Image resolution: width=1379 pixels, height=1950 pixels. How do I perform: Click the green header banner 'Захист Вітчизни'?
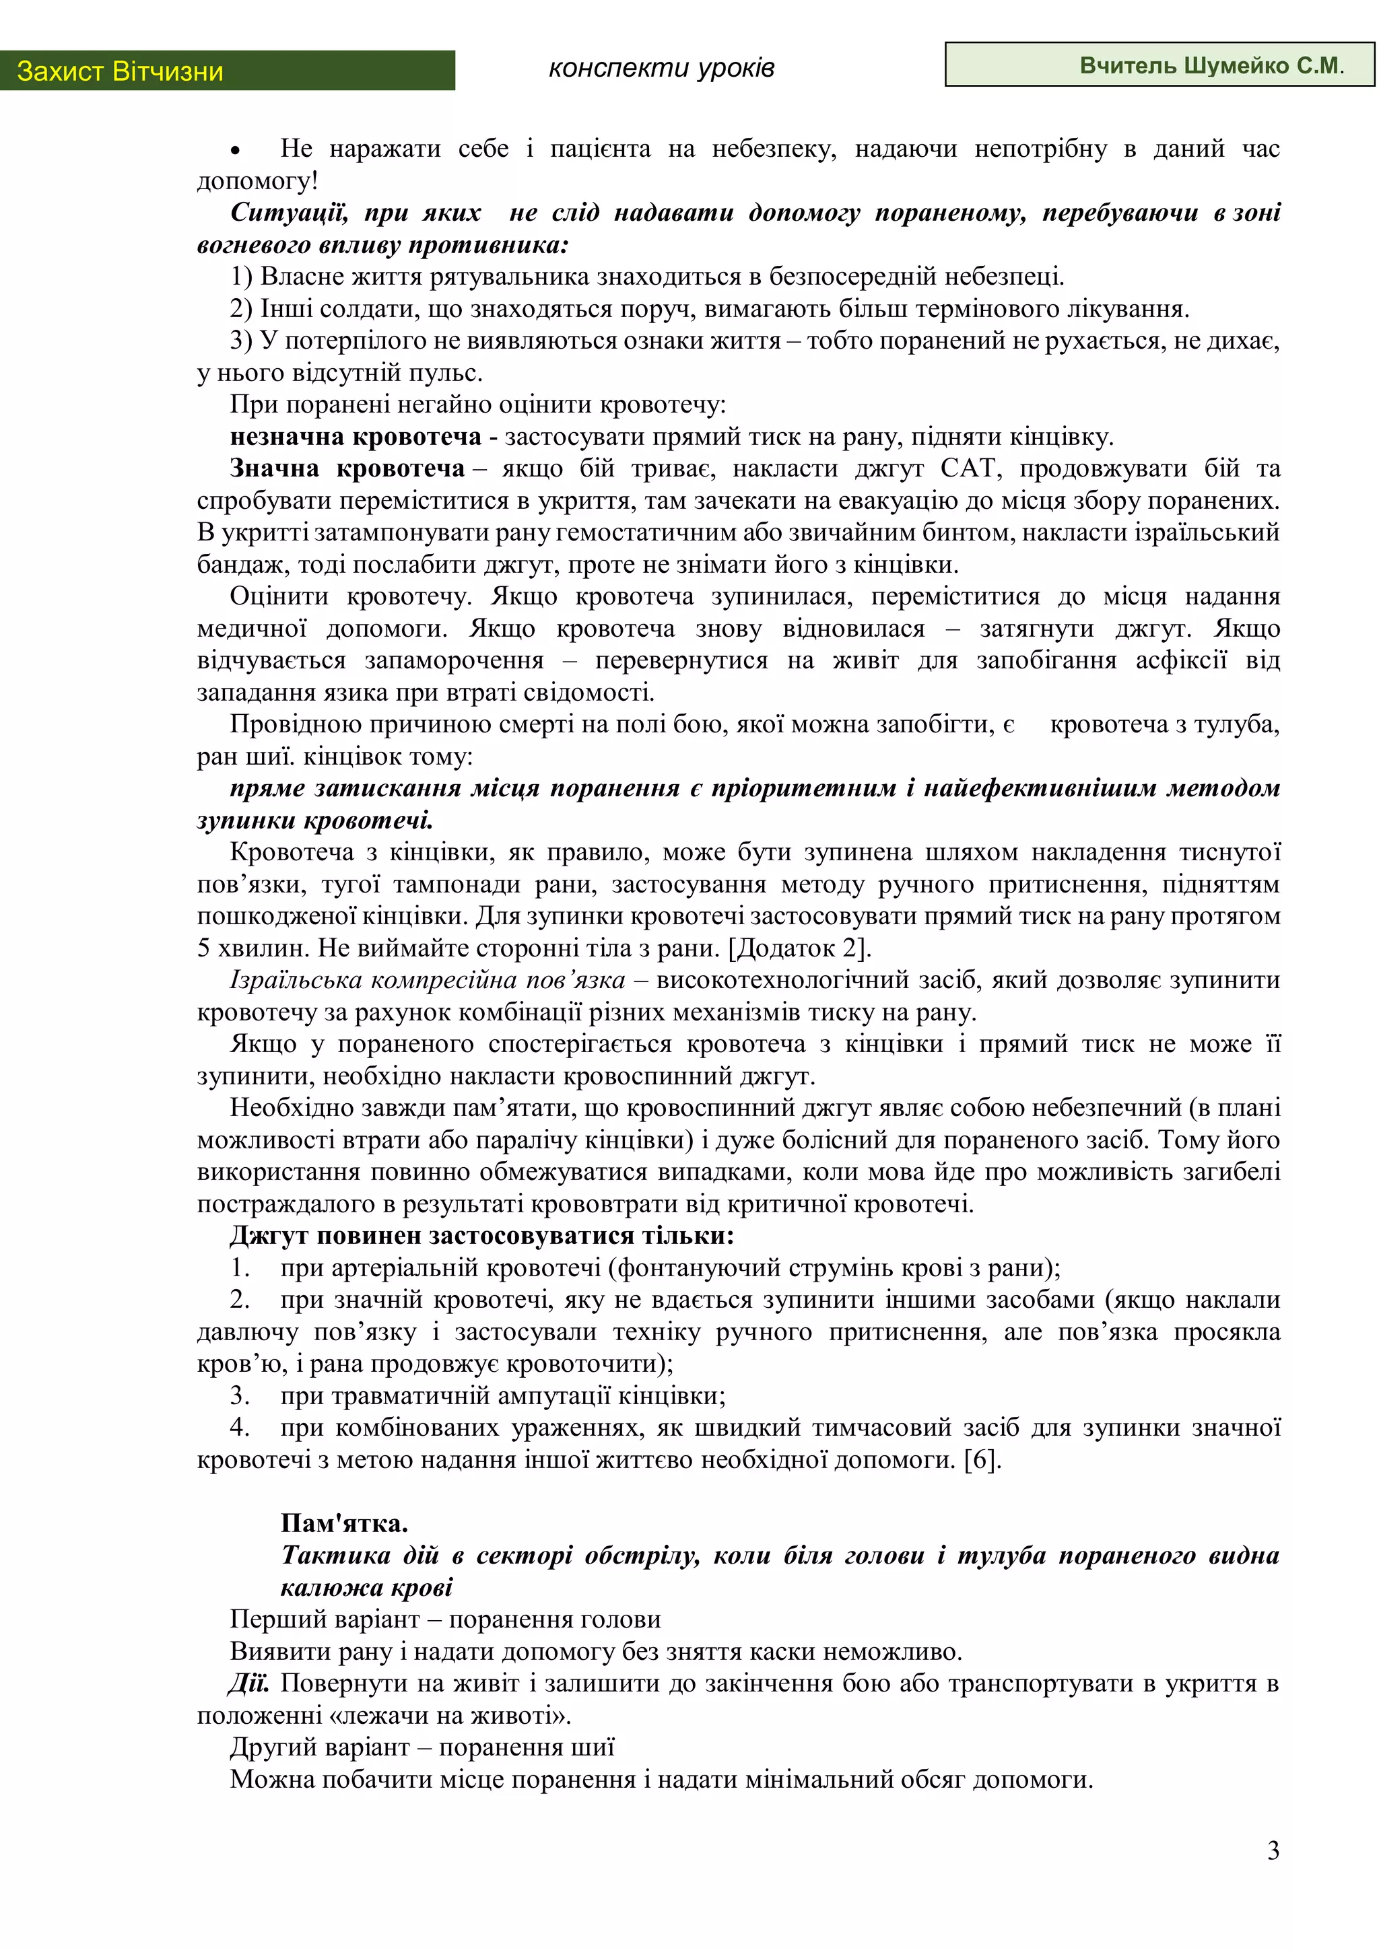[227, 71]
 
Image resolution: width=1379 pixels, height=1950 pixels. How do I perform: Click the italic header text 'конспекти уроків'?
[661, 67]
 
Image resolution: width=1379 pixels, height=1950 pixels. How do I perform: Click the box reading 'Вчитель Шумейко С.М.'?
[1159, 65]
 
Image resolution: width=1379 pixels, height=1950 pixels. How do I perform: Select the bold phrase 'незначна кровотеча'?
[355, 437]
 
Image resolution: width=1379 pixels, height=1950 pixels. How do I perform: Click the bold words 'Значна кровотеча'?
[347, 468]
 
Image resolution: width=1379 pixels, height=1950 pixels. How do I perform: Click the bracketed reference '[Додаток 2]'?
[799, 948]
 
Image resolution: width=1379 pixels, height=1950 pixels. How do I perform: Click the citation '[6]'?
[983, 1459]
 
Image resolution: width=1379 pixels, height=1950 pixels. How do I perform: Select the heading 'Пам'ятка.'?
[344, 1523]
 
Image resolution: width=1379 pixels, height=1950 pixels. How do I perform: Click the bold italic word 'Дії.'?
[248, 1683]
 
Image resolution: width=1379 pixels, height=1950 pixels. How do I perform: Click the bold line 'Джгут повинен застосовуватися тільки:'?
[481, 1235]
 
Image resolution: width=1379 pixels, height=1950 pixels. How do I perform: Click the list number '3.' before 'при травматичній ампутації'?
[240, 1395]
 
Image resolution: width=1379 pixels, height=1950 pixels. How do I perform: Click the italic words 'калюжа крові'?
[366, 1587]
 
